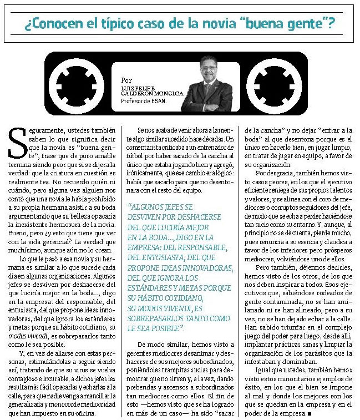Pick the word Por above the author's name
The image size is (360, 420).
[126, 80]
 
